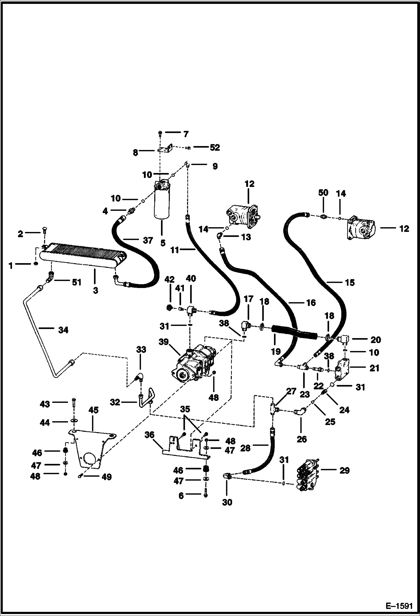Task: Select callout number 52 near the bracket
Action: [x=215, y=147]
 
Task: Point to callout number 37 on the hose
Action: [x=148, y=240]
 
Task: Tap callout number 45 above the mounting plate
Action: [x=93, y=410]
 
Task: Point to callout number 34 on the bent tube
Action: [x=63, y=330]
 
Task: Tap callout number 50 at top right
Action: [x=323, y=193]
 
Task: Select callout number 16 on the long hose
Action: [x=310, y=302]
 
